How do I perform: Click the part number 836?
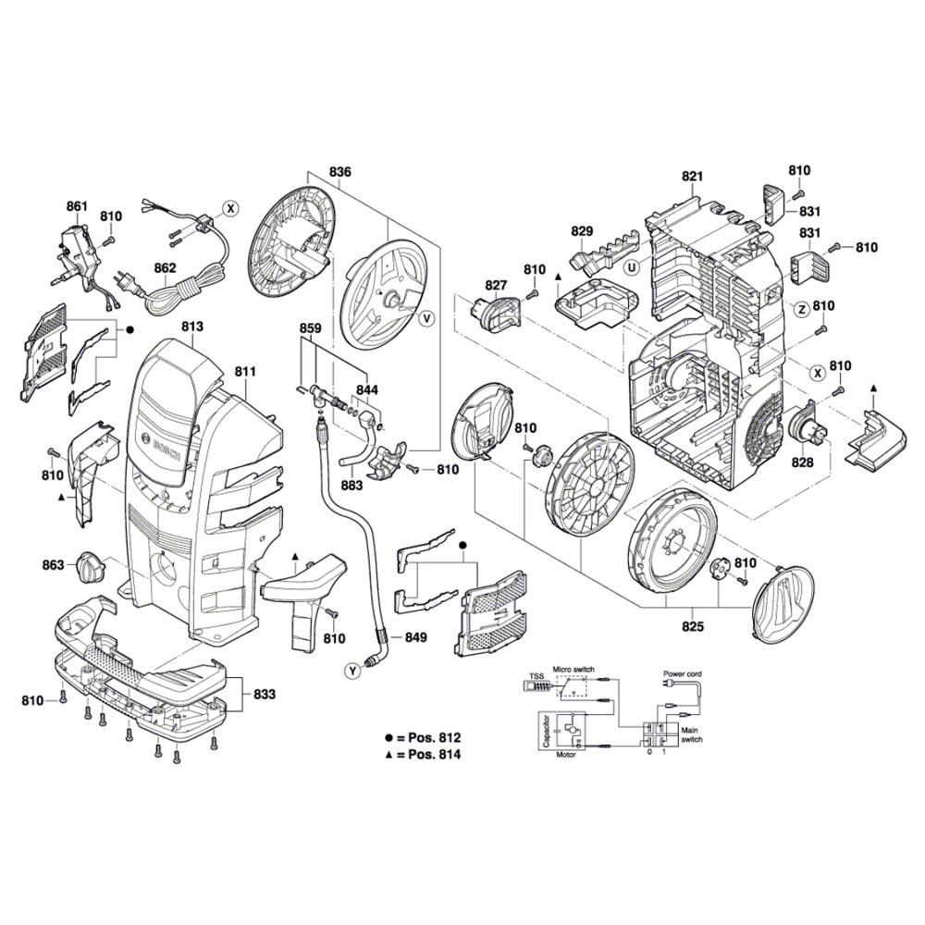(340, 172)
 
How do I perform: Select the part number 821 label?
(693, 177)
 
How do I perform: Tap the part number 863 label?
(54, 564)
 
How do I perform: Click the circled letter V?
(426, 318)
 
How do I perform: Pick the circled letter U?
(632, 268)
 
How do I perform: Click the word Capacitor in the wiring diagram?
(548, 731)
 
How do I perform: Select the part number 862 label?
(166, 269)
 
